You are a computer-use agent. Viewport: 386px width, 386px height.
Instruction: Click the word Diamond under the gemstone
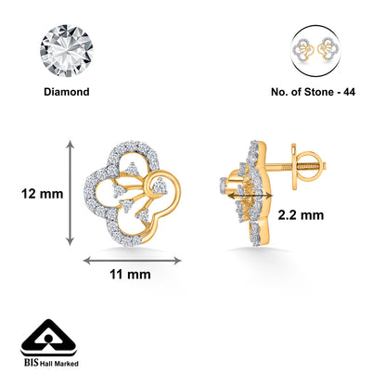66,93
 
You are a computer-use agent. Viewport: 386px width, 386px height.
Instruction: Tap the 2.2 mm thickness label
299,214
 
